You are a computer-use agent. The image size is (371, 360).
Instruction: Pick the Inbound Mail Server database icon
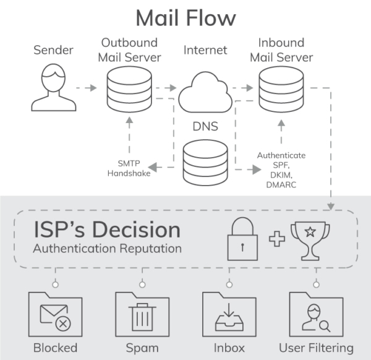[x=281, y=88]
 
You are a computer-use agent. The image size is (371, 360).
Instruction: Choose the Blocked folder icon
[x=55, y=312]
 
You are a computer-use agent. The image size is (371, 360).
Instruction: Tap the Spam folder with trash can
[x=142, y=312]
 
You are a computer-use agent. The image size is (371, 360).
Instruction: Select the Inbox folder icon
[x=229, y=312]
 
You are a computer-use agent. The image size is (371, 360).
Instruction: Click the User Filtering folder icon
[x=317, y=312]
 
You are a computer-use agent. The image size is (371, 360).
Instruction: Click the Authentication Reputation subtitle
[x=107, y=249]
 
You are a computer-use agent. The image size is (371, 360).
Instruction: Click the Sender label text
[x=53, y=49]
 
